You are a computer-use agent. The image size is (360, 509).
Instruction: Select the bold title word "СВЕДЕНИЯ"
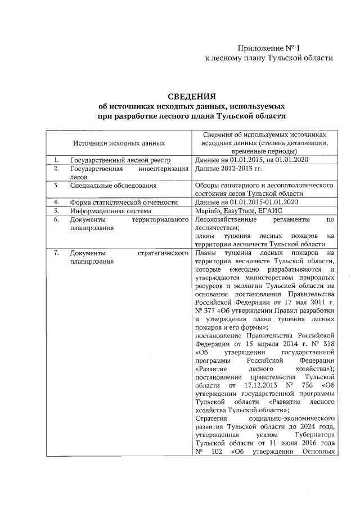192,96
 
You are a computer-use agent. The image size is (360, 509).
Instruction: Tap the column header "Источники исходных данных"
119,144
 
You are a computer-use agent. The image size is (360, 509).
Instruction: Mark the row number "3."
56,185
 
